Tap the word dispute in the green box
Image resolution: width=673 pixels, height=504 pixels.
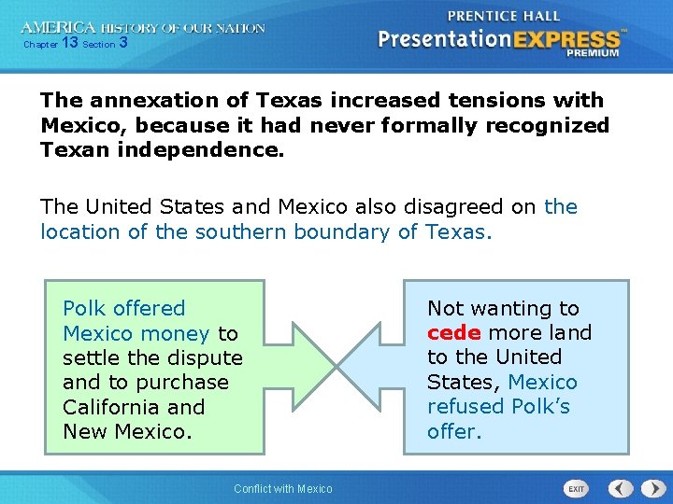pyautogui.click(x=206, y=357)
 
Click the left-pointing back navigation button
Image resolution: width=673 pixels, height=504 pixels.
pyautogui.click(x=620, y=488)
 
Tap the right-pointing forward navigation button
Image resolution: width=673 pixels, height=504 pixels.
pyautogui.click(x=648, y=488)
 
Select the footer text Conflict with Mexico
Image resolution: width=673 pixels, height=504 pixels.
pyautogui.click(x=282, y=489)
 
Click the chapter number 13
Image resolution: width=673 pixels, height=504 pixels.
pyautogui.click(x=68, y=43)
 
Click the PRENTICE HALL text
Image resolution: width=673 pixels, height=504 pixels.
pyautogui.click(x=504, y=16)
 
